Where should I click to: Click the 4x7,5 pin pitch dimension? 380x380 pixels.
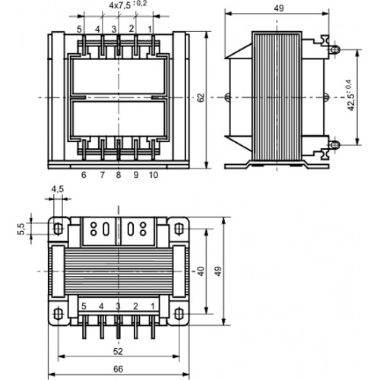(x=128, y=5)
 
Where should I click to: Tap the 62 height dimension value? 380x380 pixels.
(x=201, y=97)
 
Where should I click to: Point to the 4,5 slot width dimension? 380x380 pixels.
(x=58, y=189)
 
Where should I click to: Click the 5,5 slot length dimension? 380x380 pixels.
(x=21, y=229)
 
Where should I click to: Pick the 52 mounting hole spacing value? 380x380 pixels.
(x=118, y=351)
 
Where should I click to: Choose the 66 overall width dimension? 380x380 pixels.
(x=118, y=369)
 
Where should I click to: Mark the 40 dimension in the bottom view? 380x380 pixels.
(x=201, y=271)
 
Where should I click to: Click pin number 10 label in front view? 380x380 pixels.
(x=154, y=175)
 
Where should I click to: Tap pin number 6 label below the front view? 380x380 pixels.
(x=84, y=175)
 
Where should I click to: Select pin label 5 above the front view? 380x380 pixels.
(x=80, y=30)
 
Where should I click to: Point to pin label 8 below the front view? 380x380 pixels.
(x=119, y=175)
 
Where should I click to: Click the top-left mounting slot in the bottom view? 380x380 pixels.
(x=58, y=229)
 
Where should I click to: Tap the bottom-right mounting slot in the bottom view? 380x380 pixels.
(x=179, y=314)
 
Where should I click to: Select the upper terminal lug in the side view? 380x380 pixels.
(x=334, y=49)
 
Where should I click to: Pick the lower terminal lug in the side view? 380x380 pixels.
(x=334, y=145)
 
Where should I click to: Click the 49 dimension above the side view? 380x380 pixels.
(x=279, y=8)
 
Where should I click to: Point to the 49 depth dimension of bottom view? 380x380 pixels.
(x=218, y=271)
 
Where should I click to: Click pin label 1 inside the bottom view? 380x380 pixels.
(x=153, y=306)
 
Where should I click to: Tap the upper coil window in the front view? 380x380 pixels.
(x=119, y=76)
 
